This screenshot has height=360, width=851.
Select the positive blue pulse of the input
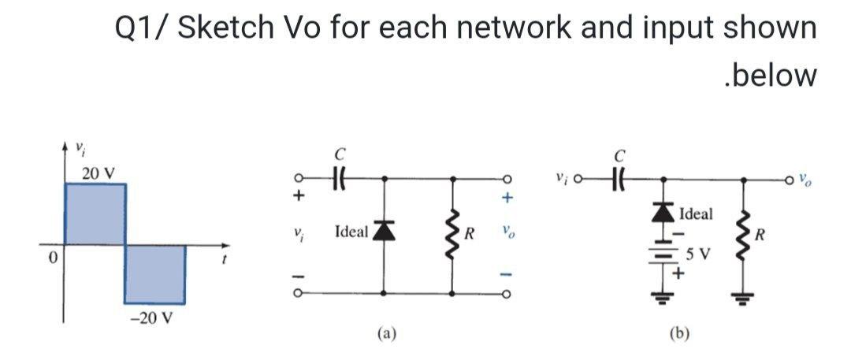[95, 214]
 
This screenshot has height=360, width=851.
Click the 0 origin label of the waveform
[48, 260]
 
